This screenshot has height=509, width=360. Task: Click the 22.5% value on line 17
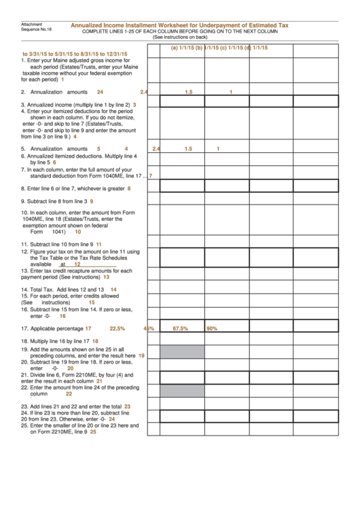tap(118, 328)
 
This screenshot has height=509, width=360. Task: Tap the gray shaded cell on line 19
tap(182, 351)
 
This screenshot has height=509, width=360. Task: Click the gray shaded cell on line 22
tap(182, 390)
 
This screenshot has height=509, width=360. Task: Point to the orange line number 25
tap(93, 432)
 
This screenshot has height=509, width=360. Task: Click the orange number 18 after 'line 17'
tap(95, 341)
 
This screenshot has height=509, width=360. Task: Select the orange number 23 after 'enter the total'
tap(127, 406)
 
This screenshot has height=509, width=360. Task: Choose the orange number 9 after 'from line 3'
tap(91, 201)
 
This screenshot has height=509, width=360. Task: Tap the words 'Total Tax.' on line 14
tap(41, 289)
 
